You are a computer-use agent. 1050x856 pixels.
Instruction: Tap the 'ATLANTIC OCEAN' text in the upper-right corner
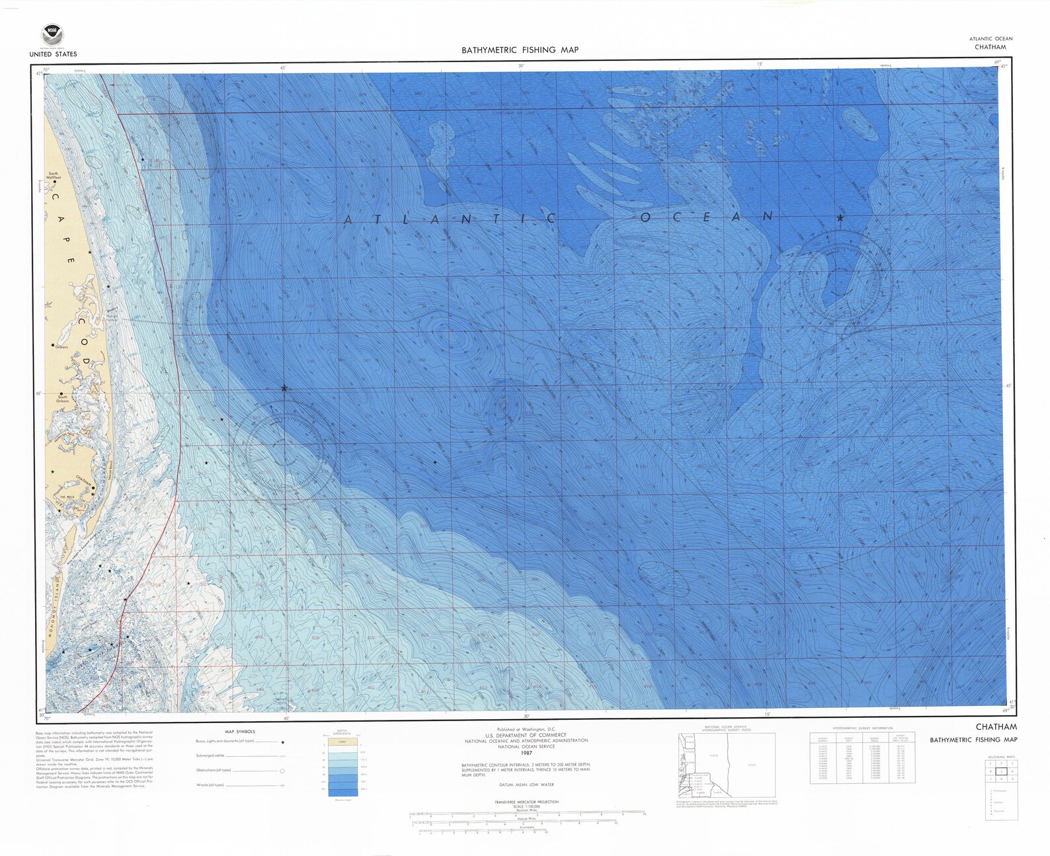(x=990, y=38)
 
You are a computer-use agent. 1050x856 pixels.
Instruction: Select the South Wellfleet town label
(x=52, y=176)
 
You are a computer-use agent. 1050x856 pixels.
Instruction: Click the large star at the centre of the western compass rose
(x=284, y=388)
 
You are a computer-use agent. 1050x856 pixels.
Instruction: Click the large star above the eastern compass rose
(x=840, y=217)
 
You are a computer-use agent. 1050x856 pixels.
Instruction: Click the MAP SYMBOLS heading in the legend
(x=240, y=732)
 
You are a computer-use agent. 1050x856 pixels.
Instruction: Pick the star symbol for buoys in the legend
(x=282, y=742)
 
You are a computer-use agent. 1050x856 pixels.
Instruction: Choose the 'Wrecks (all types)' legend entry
(x=210, y=785)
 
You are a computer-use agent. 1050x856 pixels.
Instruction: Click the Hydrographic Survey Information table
(x=862, y=758)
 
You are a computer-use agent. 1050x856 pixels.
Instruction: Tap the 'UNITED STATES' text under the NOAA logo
(x=53, y=54)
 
